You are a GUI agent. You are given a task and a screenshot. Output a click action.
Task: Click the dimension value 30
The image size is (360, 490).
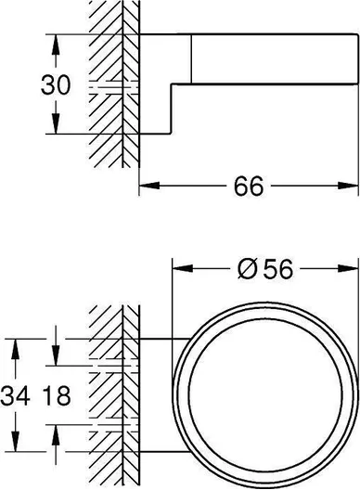(56, 84)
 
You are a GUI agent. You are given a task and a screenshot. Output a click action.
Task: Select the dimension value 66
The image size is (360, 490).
(249, 186)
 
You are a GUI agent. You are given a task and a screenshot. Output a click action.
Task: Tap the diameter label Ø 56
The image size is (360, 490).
(265, 269)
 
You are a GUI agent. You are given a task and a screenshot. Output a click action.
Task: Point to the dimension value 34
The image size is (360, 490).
(16, 395)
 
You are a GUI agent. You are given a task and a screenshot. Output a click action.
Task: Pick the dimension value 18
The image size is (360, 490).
(57, 395)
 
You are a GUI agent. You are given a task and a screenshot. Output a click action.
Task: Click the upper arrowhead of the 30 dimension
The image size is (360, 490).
(56, 45)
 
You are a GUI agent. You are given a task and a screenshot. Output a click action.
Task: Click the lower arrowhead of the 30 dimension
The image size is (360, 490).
(56, 123)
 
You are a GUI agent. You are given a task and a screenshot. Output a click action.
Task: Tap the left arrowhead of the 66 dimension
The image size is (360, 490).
(149, 186)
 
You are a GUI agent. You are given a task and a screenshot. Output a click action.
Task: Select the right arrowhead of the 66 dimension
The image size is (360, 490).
(348, 186)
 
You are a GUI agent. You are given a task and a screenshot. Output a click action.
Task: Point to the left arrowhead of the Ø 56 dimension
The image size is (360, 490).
(183, 268)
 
